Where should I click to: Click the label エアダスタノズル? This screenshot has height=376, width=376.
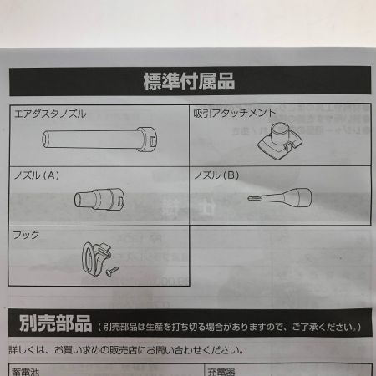pos(51,113)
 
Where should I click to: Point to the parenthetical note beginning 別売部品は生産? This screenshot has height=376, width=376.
pos(231,325)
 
